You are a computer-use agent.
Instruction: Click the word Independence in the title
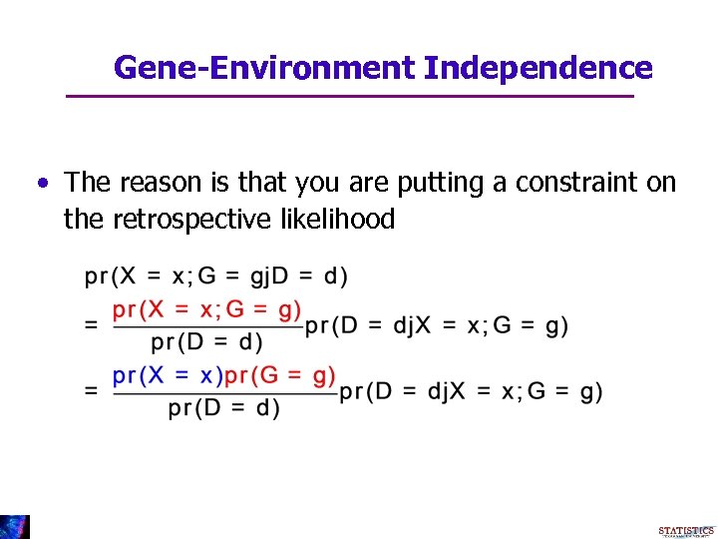point(538,68)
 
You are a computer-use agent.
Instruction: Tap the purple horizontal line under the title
point(349,96)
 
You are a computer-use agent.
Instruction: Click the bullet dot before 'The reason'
point(43,184)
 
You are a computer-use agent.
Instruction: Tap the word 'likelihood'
point(334,219)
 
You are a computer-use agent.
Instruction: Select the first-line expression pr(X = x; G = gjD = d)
point(216,275)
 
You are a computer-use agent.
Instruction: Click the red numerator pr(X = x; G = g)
point(207,309)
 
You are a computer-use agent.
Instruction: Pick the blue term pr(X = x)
point(167,376)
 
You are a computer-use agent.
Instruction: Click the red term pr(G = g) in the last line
point(280,376)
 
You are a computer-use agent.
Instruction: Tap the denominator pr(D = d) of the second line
point(207,342)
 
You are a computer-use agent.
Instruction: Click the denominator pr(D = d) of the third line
point(223,408)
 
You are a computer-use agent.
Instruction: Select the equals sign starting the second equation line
point(92,325)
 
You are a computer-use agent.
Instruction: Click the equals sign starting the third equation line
point(92,392)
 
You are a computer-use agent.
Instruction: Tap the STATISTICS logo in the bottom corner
point(686,531)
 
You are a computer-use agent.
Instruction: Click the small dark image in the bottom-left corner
point(15,527)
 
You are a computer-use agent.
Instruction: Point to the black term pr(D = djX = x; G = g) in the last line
point(471,392)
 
